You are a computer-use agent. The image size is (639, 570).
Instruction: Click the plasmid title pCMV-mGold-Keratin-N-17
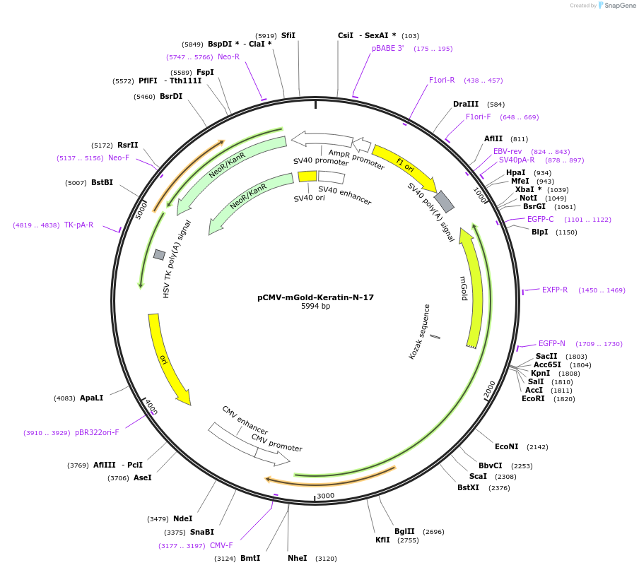(315, 297)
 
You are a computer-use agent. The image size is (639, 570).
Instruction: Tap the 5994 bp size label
(315, 307)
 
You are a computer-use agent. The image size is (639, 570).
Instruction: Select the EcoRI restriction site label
(533, 398)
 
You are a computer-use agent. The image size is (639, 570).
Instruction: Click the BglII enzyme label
(404, 531)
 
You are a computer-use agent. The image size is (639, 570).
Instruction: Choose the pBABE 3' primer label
(387, 49)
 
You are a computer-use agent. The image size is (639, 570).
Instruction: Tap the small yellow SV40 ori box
(307, 177)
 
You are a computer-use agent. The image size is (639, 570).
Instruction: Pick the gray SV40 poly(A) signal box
(444, 201)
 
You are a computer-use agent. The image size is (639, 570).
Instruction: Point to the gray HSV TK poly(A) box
(159, 254)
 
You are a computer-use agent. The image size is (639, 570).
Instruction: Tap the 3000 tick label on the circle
(325, 496)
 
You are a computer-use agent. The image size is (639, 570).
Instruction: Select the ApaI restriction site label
(91, 398)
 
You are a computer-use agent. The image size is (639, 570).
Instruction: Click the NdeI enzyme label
(182, 518)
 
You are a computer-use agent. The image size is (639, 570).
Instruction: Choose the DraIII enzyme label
(466, 105)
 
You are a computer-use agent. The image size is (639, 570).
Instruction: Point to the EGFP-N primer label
(551, 343)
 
